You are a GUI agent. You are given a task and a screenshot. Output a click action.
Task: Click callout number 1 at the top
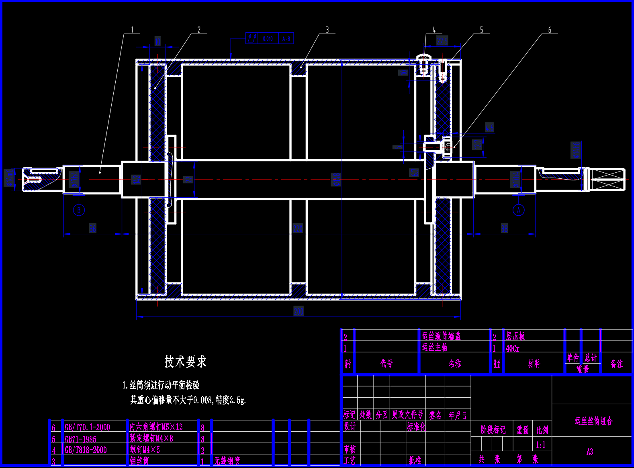[x=132, y=30]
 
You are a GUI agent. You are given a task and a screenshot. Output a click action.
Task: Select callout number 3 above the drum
[x=327, y=30]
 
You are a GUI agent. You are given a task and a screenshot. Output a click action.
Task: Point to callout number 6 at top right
[x=550, y=30]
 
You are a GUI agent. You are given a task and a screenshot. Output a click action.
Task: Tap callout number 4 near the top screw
[x=434, y=30]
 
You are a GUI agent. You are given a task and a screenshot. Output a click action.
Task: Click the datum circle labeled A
[x=519, y=210]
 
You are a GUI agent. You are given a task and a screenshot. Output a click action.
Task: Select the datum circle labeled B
[x=79, y=210]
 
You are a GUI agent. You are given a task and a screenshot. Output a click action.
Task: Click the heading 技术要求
[x=185, y=362]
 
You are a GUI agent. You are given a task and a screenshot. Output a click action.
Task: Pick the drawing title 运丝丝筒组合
[x=593, y=421]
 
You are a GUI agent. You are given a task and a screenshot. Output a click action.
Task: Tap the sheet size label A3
[x=590, y=452]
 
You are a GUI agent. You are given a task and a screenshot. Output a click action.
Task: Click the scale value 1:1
[x=541, y=445]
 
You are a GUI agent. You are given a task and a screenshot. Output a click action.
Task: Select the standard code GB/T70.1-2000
[x=88, y=427]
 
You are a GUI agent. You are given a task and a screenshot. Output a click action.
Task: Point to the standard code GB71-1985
[x=81, y=439]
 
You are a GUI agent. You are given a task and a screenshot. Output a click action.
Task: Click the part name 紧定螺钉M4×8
[x=151, y=439]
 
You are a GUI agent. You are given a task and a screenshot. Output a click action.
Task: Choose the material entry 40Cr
[x=513, y=349]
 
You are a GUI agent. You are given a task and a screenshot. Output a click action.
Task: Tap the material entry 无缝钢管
[x=227, y=461]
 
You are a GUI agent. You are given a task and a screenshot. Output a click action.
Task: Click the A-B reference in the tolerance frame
[x=286, y=39]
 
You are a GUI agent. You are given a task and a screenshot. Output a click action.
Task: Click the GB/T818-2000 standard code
[x=86, y=450]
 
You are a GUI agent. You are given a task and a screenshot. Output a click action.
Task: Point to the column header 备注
[x=617, y=364]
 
